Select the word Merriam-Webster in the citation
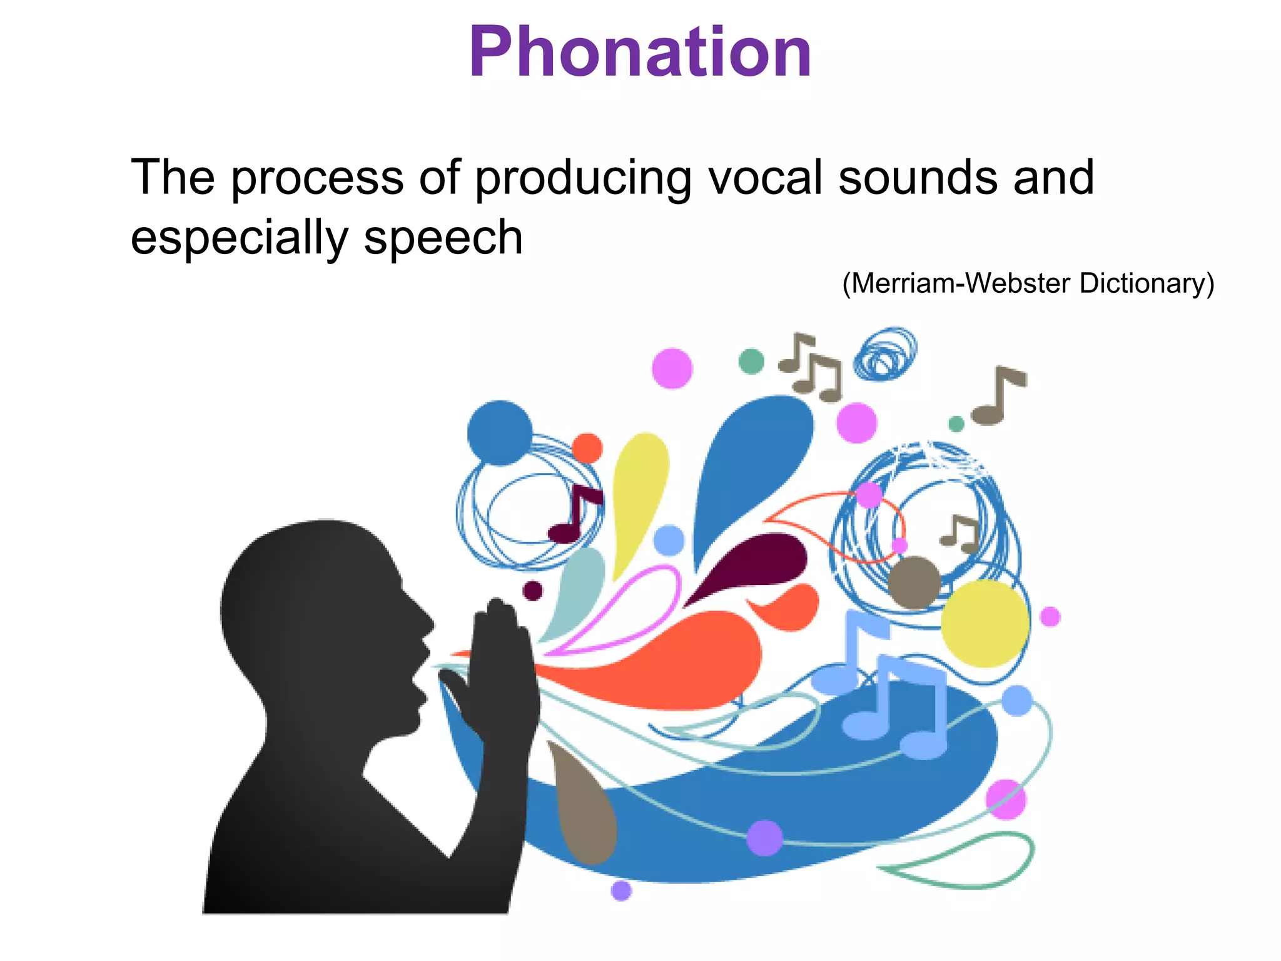[960, 283]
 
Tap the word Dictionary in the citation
[1142, 283]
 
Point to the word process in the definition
[317, 179]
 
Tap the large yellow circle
[985, 623]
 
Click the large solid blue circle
[500, 433]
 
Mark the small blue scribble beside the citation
[885, 354]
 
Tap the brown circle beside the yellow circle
[914, 582]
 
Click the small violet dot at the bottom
[621, 890]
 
